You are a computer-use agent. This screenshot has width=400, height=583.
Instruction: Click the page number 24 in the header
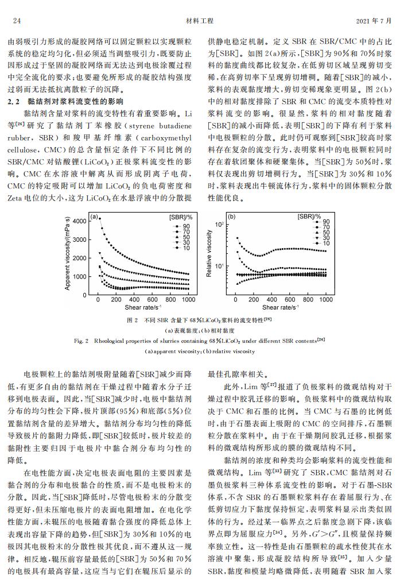point(17,21)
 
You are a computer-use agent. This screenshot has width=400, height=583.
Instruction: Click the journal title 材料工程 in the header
point(200,21)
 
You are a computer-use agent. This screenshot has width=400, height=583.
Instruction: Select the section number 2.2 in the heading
point(14,102)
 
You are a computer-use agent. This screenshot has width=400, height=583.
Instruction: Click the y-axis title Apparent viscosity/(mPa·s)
point(68,253)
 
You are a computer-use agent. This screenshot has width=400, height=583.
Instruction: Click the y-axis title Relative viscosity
point(210,253)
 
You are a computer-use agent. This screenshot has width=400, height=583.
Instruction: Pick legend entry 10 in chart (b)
point(325,244)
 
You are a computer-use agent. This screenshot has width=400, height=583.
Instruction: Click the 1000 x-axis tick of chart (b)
point(326,300)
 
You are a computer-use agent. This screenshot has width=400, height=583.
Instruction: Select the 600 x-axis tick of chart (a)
point(152,300)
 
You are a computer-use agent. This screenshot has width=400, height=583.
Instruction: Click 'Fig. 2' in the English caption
point(82,340)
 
